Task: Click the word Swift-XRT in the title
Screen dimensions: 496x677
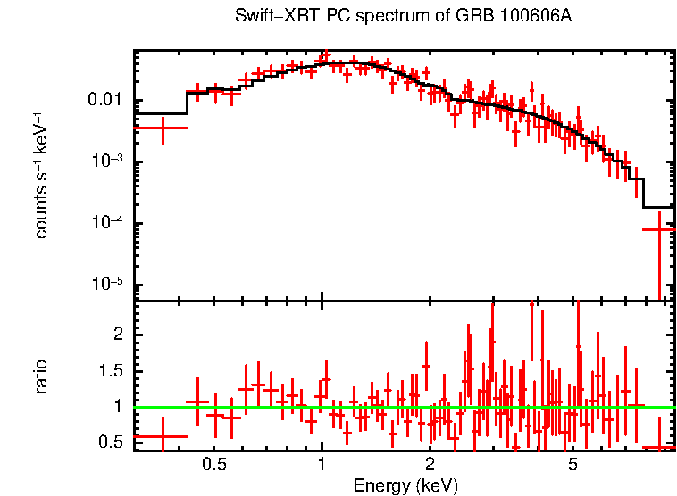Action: point(267,17)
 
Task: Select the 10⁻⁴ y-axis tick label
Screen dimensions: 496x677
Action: point(110,222)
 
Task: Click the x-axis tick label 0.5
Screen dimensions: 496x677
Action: point(214,465)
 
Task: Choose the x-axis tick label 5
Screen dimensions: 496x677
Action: point(573,465)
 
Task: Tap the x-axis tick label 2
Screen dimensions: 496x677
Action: point(430,465)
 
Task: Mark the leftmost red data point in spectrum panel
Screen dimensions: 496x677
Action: point(162,128)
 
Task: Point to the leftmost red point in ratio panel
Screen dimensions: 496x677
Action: point(162,437)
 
